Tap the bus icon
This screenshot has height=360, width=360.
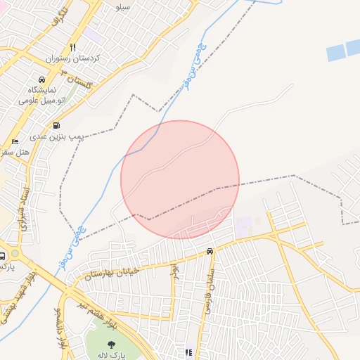(x=4, y=256)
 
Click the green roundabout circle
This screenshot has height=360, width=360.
(x=15, y=253)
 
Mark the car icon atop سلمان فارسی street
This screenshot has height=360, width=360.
(x=210, y=252)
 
